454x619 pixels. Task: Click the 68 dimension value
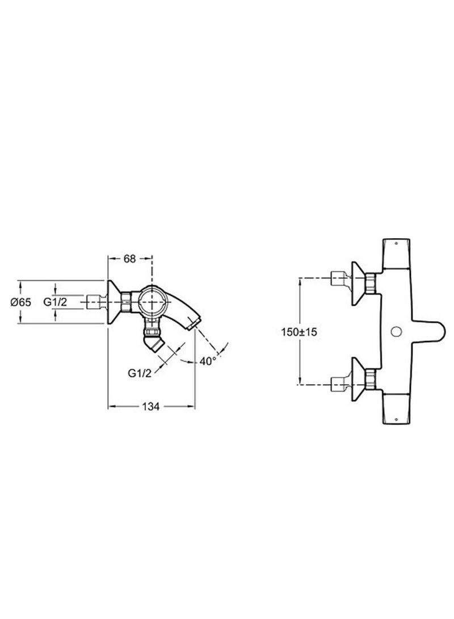coord(129,259)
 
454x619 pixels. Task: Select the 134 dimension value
coord(150,406)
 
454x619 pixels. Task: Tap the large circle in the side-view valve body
coord(153,302)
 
